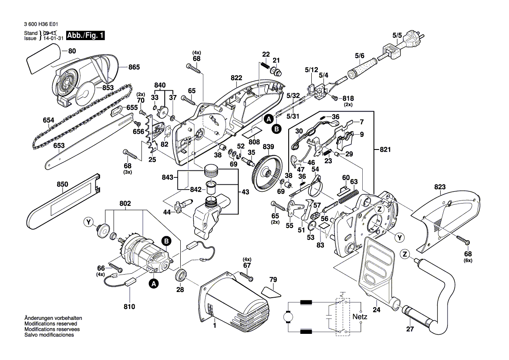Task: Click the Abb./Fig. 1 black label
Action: tap(85, 36)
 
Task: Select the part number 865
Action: tap(134, 68)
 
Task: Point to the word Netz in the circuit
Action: tap(360, 316)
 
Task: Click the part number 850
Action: tap(62, 184)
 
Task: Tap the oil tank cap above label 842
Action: tap(211, 169)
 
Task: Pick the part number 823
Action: tap(440, 187)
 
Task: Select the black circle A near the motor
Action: tap(153, 284)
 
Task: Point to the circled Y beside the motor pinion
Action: tap(89, 223)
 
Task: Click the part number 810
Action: tap(129, 306)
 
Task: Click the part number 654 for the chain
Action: tap(49, 120)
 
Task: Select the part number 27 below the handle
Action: tap(409, 329)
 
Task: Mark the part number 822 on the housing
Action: tap(236, 78)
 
